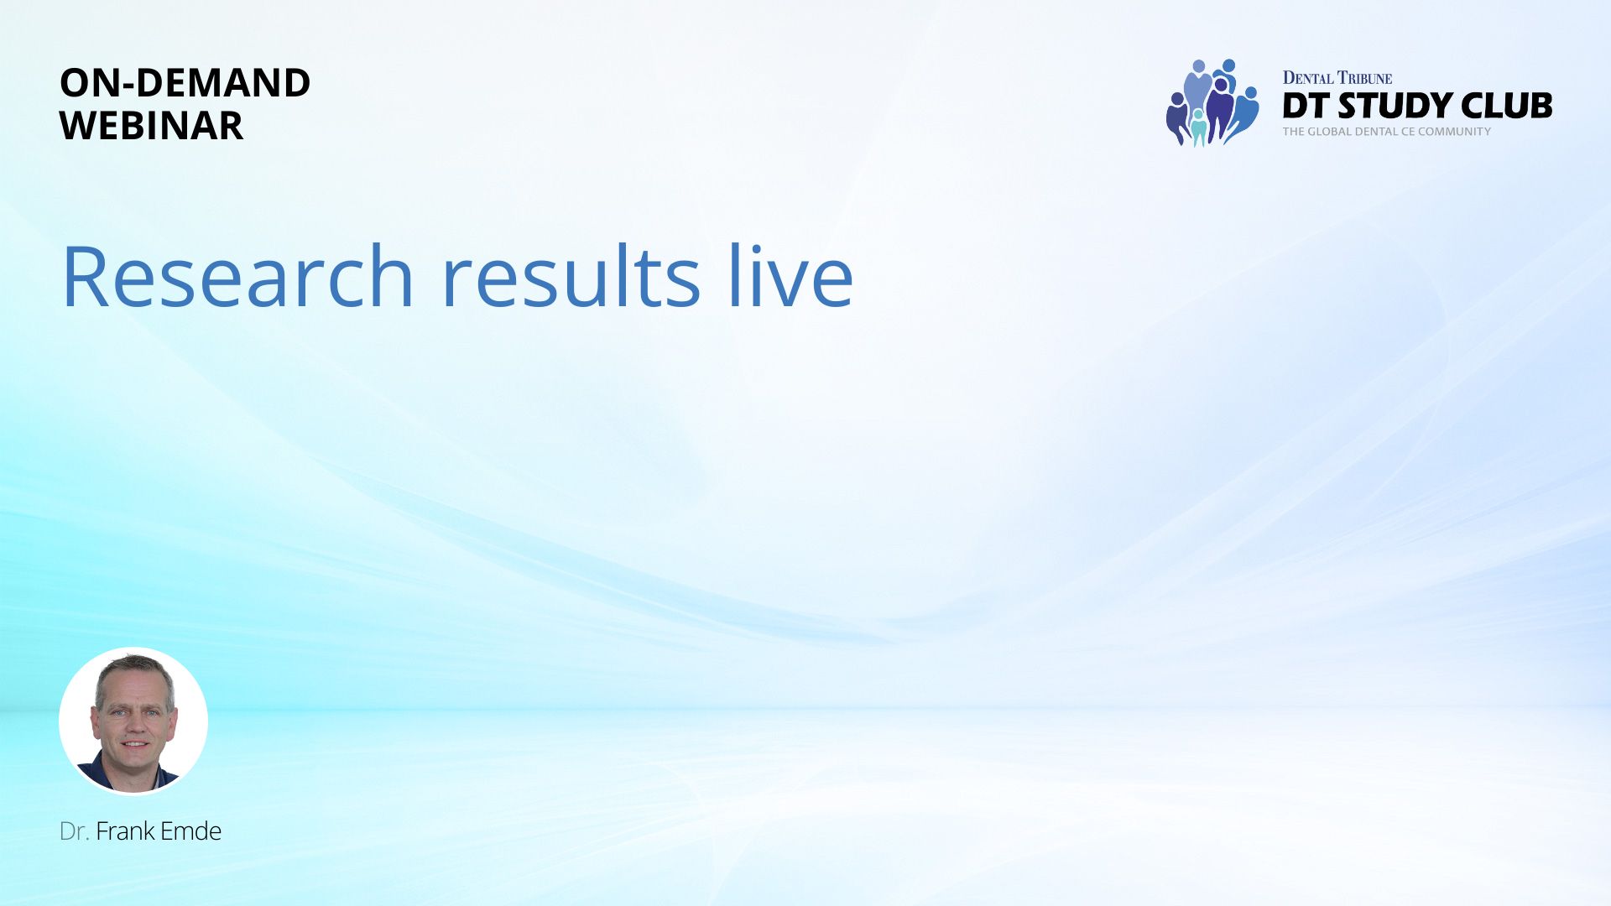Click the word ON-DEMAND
[x=185, y=82]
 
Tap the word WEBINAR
[x=151, y=125]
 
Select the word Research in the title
[x=237, y=276]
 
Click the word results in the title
[x=571, y=276]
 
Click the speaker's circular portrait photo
[x=133, y=721]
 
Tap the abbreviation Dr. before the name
[x=74, y=831]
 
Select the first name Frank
[x=125, y=831]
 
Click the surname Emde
[x=190, y=831]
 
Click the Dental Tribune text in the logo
[x=1337, y=78]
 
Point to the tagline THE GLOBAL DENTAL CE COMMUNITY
[x=1387, y=132]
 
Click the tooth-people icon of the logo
[x=1212, y=102]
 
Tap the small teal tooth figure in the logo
[x=1198, y=128]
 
